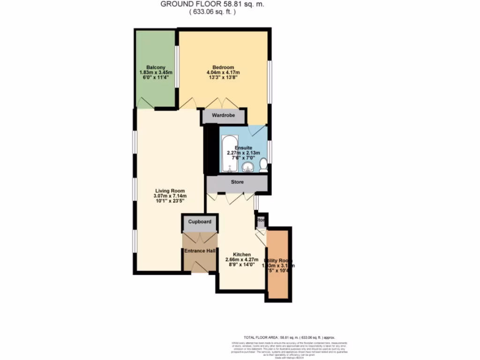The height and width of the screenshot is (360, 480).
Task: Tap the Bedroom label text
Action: coord(223,67)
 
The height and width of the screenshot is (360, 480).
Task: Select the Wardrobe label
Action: coord(223,115)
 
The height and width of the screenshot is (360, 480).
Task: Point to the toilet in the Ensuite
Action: coord(263,165)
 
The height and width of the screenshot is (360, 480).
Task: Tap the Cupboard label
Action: coord(200,222)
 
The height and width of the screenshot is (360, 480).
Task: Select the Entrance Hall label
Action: coord(200,251)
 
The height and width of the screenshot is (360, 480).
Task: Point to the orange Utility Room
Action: coord(278,265)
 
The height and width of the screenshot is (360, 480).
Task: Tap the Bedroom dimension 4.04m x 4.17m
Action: coord(223,72)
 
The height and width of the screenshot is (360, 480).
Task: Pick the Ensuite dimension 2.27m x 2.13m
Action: coord(243,153)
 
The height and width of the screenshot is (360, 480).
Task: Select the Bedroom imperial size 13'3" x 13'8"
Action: coord(223,78)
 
